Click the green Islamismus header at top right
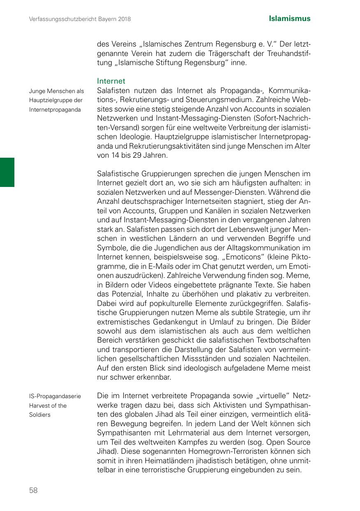pos(290,19)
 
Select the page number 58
pos(33,490)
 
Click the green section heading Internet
pos(111,81)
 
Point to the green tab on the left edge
pos(7,172)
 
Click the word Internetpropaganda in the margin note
pos(55,110)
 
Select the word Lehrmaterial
pos(184,432)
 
